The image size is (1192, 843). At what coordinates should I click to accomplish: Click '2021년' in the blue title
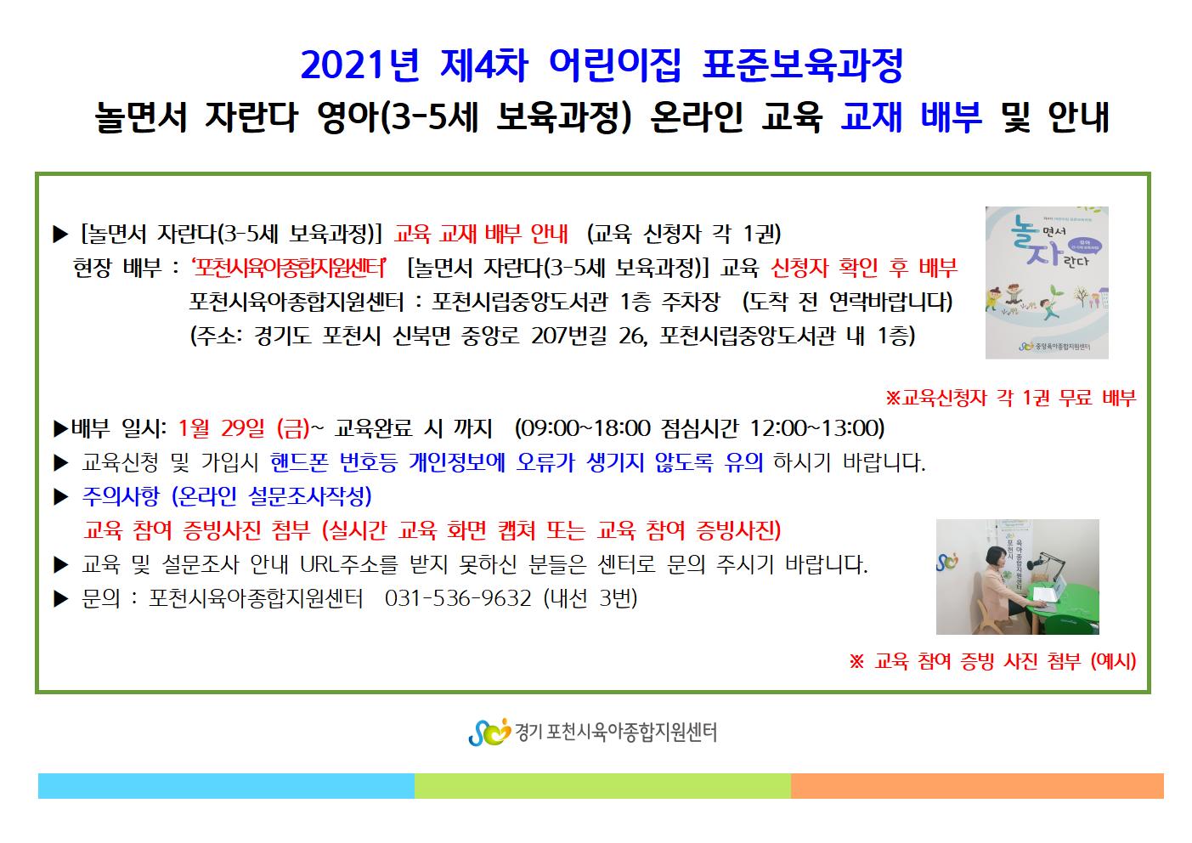360,66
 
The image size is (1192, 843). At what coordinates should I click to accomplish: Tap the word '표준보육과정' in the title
803,66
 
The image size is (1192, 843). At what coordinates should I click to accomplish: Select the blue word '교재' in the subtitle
871,116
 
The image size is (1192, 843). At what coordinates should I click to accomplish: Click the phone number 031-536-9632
458,599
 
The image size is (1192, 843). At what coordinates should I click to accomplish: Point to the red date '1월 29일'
221,428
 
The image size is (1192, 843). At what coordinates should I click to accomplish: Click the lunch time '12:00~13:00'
816,428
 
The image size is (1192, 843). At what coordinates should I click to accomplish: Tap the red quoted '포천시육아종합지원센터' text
289,267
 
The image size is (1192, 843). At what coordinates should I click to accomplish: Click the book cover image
1047,283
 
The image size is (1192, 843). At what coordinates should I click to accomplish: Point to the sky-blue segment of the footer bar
226,785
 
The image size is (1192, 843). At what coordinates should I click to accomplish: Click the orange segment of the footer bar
977,785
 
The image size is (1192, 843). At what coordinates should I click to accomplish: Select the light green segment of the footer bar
602,785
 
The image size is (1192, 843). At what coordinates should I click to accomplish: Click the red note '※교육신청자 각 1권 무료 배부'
1010,398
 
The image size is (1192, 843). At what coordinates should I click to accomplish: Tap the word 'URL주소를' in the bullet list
348,564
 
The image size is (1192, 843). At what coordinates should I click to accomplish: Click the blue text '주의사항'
121,496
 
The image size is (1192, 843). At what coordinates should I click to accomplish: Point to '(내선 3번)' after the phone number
590,599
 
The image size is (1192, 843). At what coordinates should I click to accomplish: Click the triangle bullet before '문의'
61,599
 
